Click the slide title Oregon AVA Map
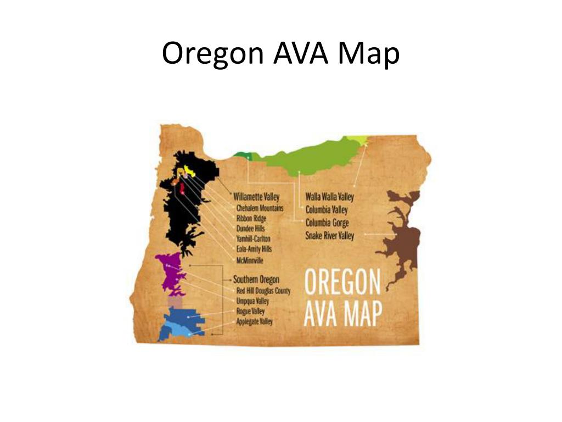coord(280,54)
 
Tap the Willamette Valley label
coord(256,196)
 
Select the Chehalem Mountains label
coord(260,209)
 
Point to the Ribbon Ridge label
coord(251,219)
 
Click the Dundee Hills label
coord(251,229)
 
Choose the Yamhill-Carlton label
coord(254,239)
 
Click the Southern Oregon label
coord(256,279)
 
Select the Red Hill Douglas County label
coord(263,291)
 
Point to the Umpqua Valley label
coord(253,301)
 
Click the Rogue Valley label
coord(250,312)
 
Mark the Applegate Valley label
coord(254,321)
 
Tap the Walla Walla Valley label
coord(330,197)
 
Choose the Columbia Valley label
coord(327,210)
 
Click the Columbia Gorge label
coord(327,223)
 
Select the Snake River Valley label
coord(330,236)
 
